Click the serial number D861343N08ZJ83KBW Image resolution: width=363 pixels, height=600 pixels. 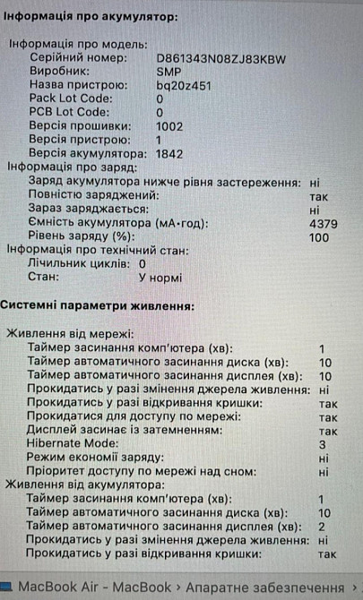[x=220, y=58]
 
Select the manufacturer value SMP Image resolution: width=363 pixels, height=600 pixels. [x=168, y=72]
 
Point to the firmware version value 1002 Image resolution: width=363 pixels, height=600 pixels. [x=169, y=126]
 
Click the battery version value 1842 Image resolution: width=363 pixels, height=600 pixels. [x=169, y=153]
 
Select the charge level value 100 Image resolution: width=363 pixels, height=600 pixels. [x=318, y=236]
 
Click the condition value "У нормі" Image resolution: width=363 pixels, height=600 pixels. [x=160, y=278]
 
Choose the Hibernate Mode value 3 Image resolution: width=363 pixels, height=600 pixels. [x=322, y=444]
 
